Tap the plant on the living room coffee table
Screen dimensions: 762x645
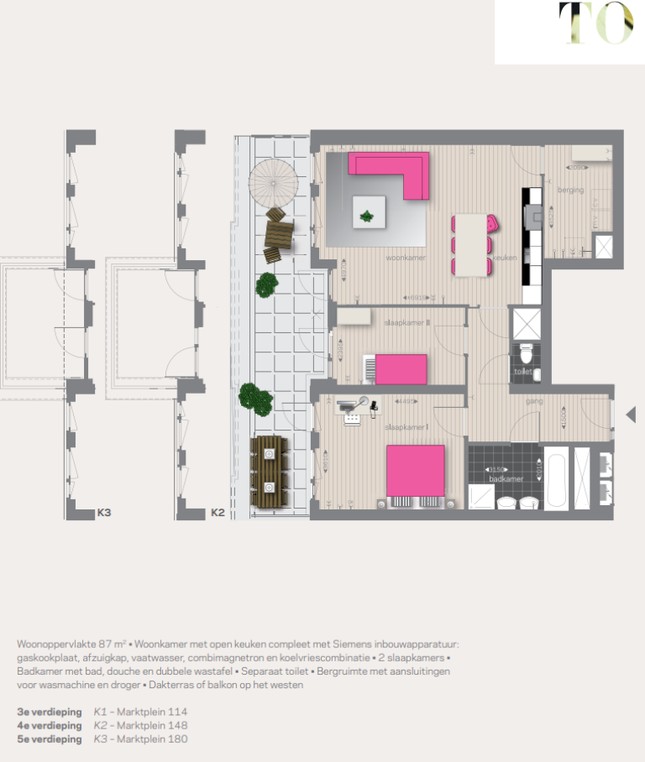[367, 217]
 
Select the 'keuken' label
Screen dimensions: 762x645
[504, 258]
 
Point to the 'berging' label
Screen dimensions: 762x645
[570, 190]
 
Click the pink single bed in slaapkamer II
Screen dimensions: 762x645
[401, 368]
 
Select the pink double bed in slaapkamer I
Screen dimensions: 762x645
[415, 471]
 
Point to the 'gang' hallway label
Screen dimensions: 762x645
[534, 401]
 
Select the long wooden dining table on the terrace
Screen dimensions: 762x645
[269, 473]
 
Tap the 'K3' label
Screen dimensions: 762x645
[105, 512]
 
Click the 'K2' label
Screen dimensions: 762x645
[217, 512]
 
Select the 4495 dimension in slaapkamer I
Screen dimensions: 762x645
[406, 401]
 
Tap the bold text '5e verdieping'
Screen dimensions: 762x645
[49, 739]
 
